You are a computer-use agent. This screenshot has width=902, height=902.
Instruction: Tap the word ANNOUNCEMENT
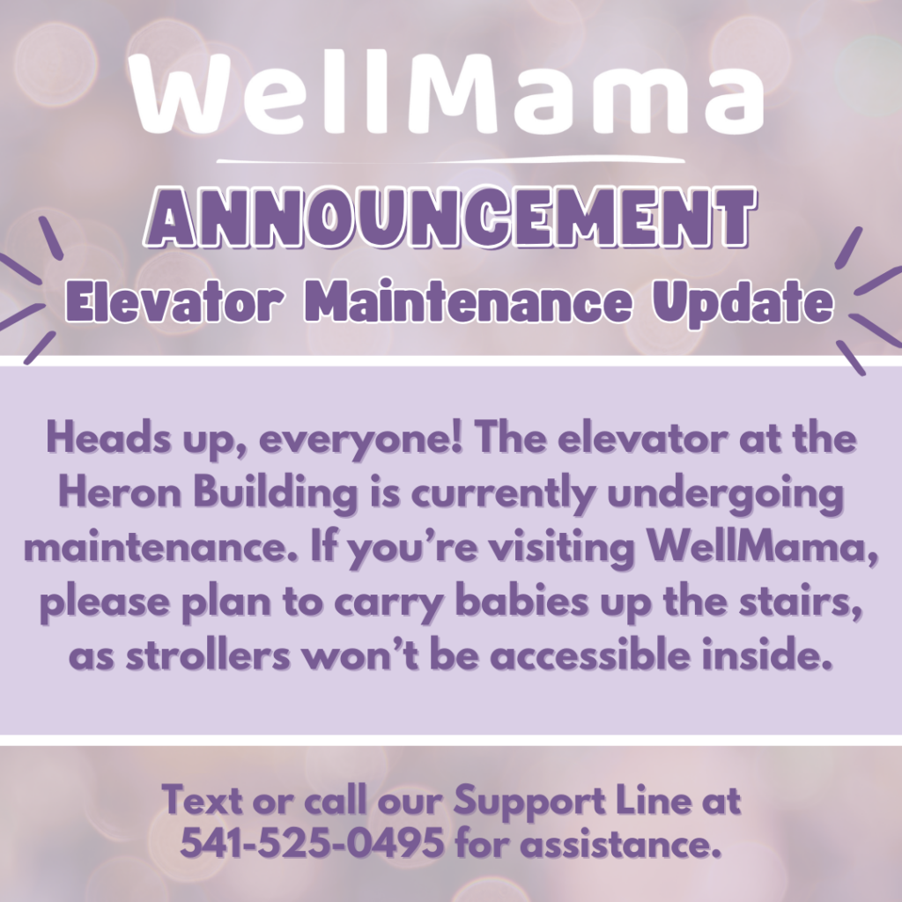450,218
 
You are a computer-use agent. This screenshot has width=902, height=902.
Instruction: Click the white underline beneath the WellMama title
451,160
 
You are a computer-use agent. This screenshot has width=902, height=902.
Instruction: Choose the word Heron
120,492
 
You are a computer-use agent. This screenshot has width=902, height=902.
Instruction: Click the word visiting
562,548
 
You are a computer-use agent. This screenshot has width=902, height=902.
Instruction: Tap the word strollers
208,655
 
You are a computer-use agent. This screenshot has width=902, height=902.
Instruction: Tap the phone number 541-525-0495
313,843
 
